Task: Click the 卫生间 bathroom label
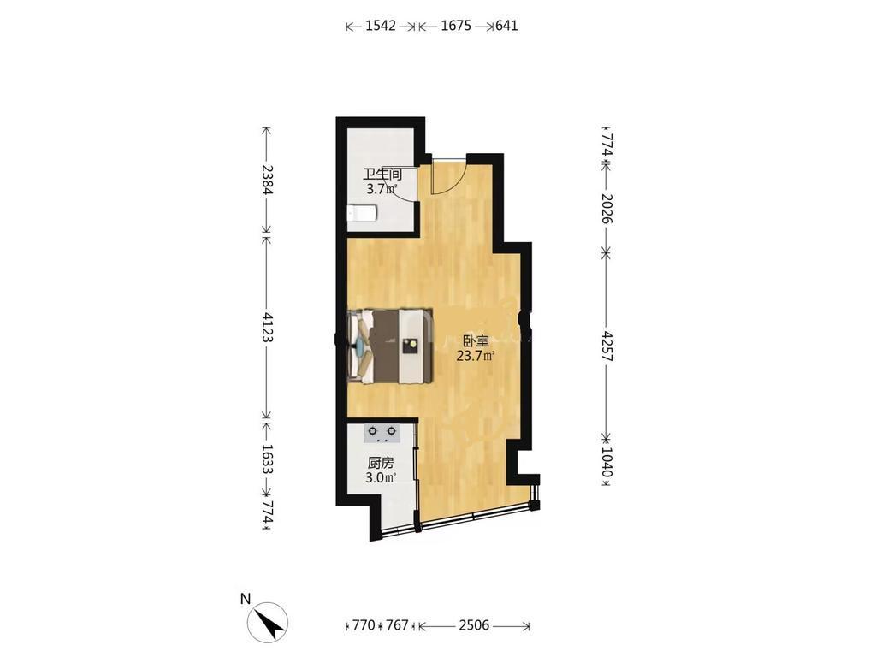382,174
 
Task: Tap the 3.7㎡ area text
382,189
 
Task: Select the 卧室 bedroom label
476,340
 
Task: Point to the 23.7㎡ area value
476,356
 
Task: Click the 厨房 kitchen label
381,463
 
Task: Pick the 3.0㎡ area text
381,478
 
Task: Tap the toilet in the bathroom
362,213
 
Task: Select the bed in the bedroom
390,346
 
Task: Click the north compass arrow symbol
269,623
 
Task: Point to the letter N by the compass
245,599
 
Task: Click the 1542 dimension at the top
381,26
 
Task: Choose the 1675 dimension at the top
457,26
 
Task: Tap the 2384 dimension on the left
267,180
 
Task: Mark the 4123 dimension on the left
267,328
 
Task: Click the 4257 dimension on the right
607,346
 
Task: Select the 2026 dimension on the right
607,209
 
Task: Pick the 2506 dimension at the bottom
474,625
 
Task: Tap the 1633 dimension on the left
267,459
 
